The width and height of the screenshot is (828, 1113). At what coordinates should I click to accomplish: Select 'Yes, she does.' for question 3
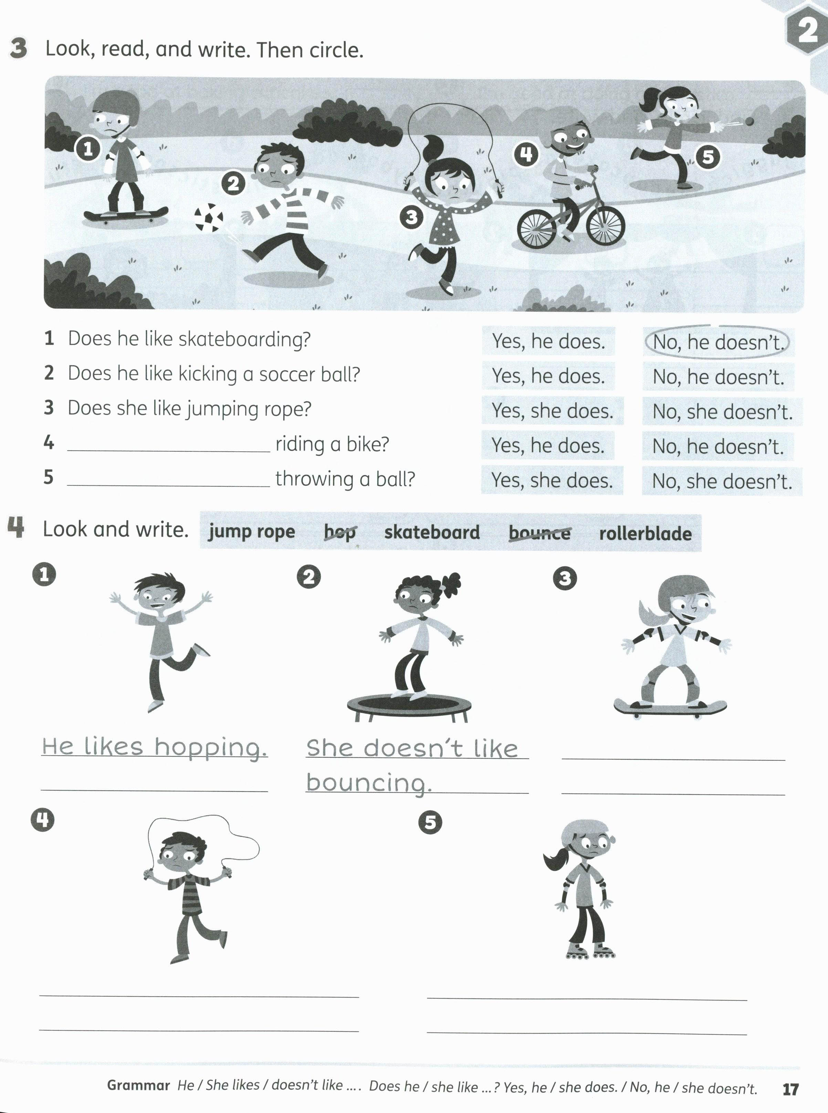point(552,411)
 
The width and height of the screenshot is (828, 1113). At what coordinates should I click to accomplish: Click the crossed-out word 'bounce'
point(539,533)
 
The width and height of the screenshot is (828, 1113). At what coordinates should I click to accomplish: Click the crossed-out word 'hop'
point(339,532)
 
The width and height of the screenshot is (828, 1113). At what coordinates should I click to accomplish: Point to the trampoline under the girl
point(409,704)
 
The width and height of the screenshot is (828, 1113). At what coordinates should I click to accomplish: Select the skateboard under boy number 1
point(125,214)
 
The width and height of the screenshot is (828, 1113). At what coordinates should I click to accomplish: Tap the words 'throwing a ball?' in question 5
point(345,479)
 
